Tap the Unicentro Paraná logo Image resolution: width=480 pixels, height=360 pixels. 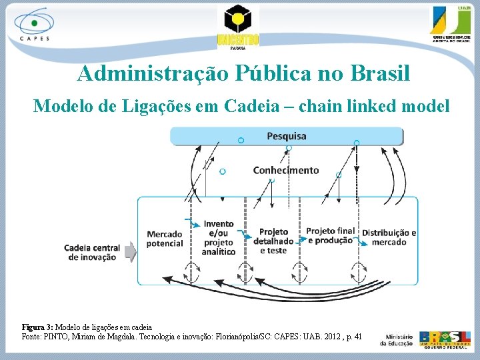pos(237,26)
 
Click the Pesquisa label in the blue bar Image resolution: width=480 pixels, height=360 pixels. pos(287,136)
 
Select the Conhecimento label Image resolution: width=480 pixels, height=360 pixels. pos(286,170)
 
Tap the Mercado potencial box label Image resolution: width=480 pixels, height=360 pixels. pos(165,239)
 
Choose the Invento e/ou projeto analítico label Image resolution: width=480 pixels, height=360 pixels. pos(219,238)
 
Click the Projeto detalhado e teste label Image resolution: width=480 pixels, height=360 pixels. pos(273,241)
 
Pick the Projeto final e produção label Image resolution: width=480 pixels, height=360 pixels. pos(330,235)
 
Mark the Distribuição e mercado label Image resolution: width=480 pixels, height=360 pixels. pos(389,237)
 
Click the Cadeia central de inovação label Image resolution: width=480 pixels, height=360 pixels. pos(92,252)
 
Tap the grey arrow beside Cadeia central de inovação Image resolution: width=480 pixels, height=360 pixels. pos(130,252)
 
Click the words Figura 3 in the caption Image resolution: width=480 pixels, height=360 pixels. pos(37,327)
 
